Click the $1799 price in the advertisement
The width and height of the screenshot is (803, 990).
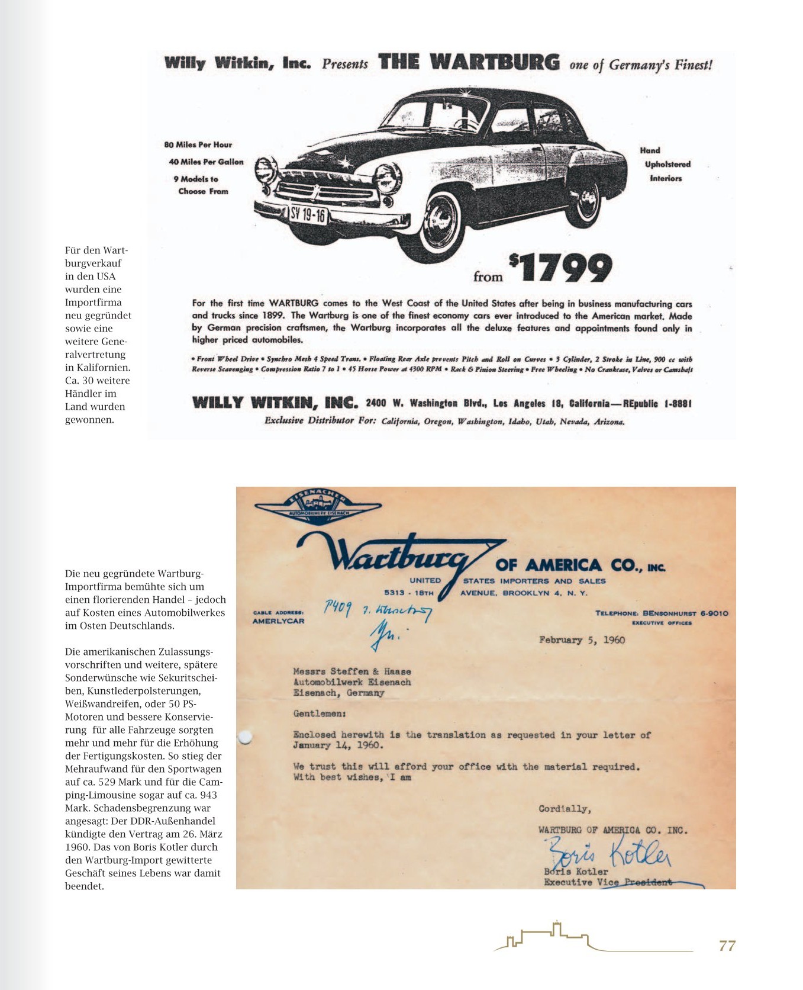(560, 268)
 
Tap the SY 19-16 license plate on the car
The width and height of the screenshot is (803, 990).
(308, 214)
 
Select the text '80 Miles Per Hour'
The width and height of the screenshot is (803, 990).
(198, 144)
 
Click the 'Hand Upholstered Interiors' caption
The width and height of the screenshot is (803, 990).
(666, 164)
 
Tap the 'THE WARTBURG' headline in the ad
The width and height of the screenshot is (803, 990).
(469, 62)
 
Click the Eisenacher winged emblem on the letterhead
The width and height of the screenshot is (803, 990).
(318, 505)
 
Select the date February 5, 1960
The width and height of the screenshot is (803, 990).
(582, 639)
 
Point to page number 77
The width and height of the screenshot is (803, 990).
(727, 946)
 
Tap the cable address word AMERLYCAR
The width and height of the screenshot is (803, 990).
(278, 621)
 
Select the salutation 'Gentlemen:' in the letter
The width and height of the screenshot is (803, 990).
(320, 713)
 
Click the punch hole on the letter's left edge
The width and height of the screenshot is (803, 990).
(244, 737)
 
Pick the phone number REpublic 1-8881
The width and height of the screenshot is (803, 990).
(657, 403)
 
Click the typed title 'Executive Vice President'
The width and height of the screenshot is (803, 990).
(608, 882)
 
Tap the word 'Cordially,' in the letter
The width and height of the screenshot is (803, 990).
(565, 809)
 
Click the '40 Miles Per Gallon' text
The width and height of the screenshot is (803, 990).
(206, 162)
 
